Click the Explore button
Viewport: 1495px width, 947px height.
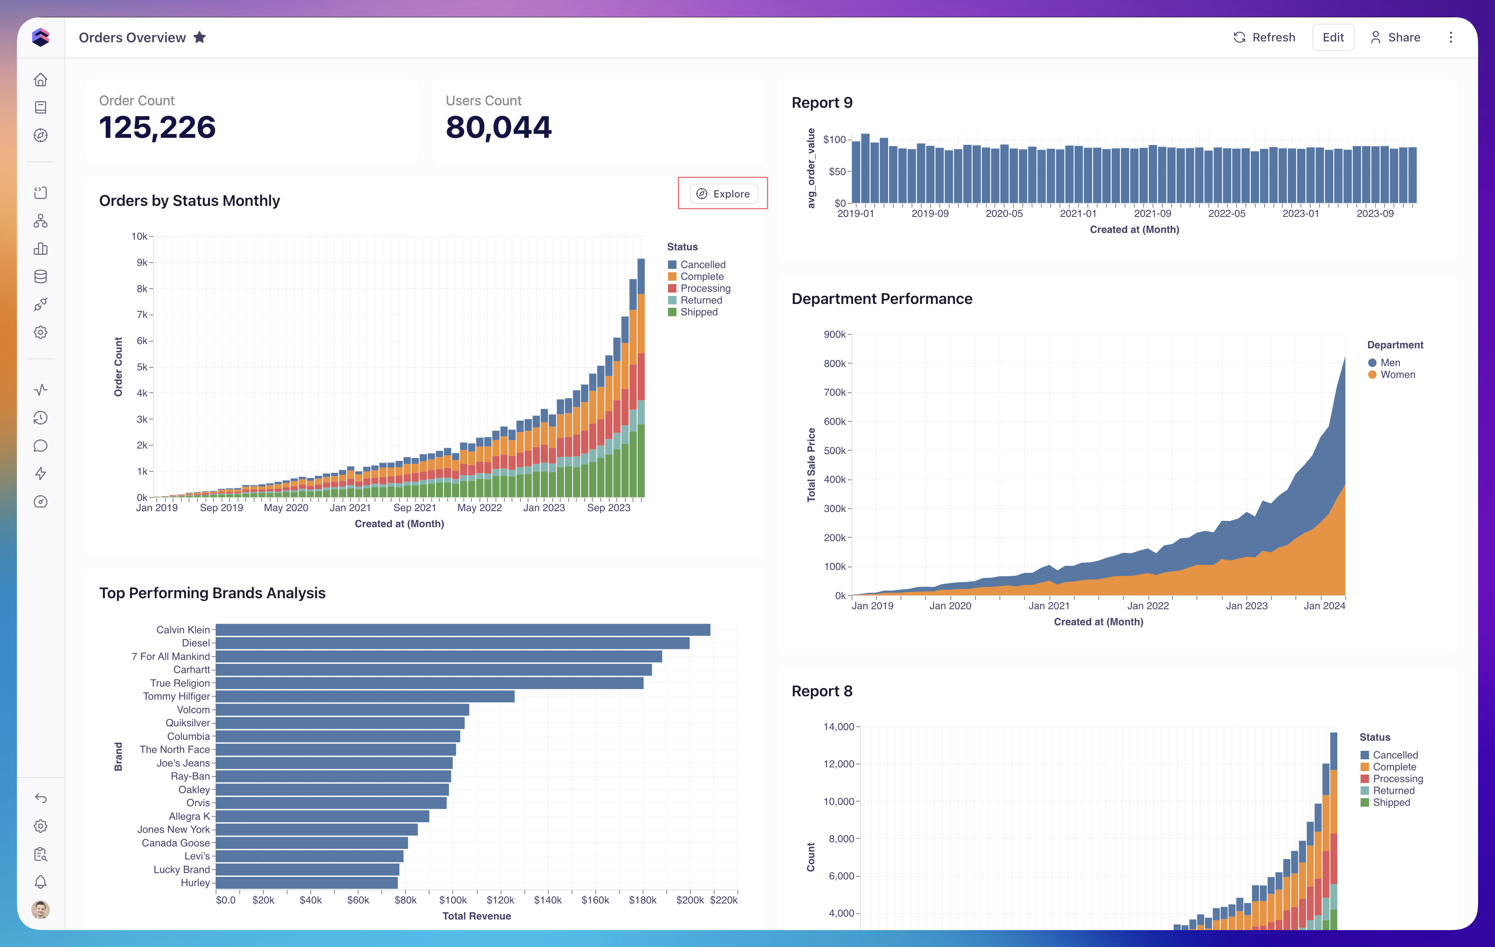[x=723, y=194]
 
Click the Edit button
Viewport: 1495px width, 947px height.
[x=1333, y=37]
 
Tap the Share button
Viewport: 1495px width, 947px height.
[x=1395, y=37]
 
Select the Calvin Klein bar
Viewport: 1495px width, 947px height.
[x=463, y=630]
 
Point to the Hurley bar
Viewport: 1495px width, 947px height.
[x=307, y=882]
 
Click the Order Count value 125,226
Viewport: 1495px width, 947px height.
[x=158, y=127]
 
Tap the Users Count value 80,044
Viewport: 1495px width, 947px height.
[x=498, y=127]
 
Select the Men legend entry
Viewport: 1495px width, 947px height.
[x=1385, y=363]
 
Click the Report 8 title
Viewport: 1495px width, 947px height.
[x=822, y=691]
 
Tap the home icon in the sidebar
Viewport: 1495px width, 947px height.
[x=40, y=79]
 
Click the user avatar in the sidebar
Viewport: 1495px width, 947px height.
[x=40, y=910]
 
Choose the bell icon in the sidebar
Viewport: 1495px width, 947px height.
[x=40, y=882]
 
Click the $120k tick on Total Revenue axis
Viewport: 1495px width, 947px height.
[x=501, y=900]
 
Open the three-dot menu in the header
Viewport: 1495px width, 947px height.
[x=1451, y=37]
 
